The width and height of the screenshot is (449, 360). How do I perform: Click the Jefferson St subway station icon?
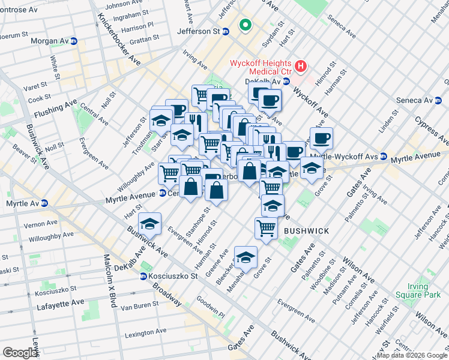(x=226, y=32)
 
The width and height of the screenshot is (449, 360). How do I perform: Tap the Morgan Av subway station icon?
(x=74, y=41)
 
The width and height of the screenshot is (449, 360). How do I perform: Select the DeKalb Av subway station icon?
(x=286, y=82)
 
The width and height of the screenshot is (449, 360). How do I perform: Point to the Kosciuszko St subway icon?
(x=143, y=276)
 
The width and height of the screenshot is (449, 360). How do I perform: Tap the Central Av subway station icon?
(x=163, y=193)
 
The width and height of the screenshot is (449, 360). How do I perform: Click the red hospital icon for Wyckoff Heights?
(x=301, y=65)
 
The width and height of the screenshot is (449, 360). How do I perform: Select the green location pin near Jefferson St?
(x=244, y=25)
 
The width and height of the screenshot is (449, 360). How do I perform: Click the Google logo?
(x=20, y=353)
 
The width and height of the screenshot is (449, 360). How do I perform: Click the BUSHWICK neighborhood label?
(x=306, y=230)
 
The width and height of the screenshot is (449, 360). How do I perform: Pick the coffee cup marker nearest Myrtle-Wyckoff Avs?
(x=321, y=137)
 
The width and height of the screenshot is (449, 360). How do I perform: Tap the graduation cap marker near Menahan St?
(x=246, y=257)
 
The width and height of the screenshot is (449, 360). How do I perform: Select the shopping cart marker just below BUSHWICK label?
(x=266, y=227)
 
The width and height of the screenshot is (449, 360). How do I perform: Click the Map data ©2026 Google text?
(x=412, y=355)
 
